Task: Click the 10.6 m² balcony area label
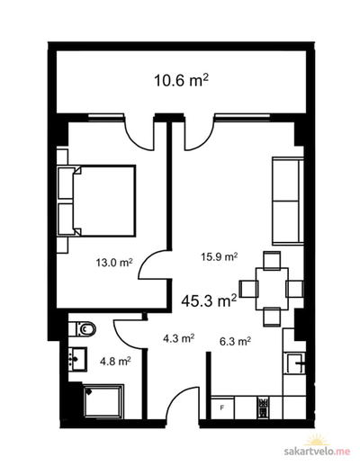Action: [181, 80]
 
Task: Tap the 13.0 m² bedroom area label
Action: [114, 263]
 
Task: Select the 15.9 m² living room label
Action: [220, 256]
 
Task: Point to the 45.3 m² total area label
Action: [209, 300]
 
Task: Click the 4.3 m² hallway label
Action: [179, 338]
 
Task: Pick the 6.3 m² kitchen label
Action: [236, 341]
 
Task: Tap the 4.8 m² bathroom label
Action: [115, 361]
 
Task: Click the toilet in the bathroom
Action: [82, 329]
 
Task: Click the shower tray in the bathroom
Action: [103, 400]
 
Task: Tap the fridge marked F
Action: [222, 408]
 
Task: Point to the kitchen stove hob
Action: [263, 408]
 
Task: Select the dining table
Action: [272, 289]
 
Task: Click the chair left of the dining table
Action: [248, 289]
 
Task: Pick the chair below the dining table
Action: [272, 317]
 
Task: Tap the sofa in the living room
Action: [288, 201]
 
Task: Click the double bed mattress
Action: [104, 201]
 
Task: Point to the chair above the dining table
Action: [272, 260]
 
